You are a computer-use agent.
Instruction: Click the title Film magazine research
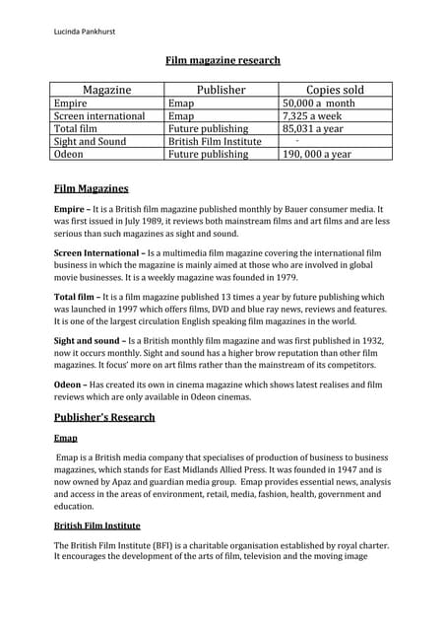[x=223, y=60]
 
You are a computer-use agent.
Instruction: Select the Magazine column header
[x=107, y=90]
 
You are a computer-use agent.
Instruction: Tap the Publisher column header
[x=221, y=90]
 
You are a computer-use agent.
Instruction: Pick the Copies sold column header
[x=336, y=90]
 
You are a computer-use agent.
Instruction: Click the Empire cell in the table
[x=71, y=103]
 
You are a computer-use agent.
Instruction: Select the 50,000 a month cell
[x=317, y=103]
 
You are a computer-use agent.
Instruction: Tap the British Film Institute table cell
[x=214, y=141]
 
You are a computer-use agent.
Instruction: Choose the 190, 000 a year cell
[x=317, y=154]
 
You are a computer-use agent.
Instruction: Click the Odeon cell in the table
[x=70, y=154]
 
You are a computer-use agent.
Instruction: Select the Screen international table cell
[x=99, y=115]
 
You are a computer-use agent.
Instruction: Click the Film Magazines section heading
[x=91, y=188]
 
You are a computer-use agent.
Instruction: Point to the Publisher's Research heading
[x=103, y=417]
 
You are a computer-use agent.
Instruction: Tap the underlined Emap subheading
[x=66, y=438]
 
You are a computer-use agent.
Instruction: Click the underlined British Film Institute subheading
[x=96, y=526]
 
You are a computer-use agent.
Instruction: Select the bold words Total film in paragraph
[x=78, y=297]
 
